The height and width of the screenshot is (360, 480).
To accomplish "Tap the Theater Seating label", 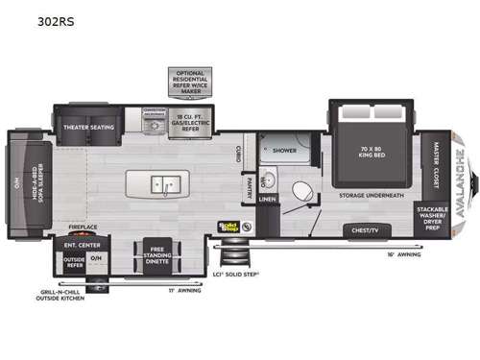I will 88,127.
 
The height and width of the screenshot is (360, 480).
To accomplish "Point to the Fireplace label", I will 82,228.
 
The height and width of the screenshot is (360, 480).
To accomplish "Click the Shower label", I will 285,150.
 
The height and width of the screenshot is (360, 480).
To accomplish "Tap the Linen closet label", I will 269,199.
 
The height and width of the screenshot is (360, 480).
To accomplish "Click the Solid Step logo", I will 227,227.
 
